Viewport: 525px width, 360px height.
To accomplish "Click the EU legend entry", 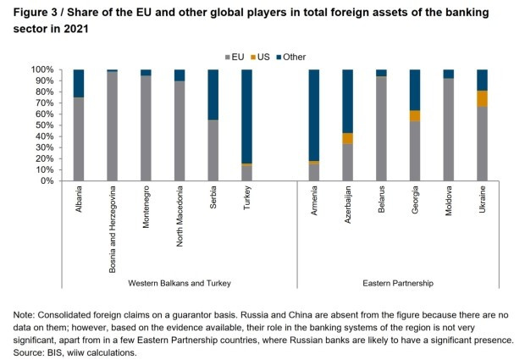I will point(237,57).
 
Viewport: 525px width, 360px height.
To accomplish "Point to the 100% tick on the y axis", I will point(42,69).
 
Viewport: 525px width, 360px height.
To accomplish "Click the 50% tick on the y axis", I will point(44,125).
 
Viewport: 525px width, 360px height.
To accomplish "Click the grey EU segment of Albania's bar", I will point(79,139).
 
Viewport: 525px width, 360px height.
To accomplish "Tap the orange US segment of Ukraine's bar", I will point(482,98).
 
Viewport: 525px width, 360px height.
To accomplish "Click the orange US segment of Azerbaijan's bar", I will point(348,138).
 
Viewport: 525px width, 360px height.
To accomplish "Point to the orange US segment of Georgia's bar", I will point(415,116).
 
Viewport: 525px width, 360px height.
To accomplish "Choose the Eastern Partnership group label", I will point(398,283).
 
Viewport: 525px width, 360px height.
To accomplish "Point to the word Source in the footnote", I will point(29,351).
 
